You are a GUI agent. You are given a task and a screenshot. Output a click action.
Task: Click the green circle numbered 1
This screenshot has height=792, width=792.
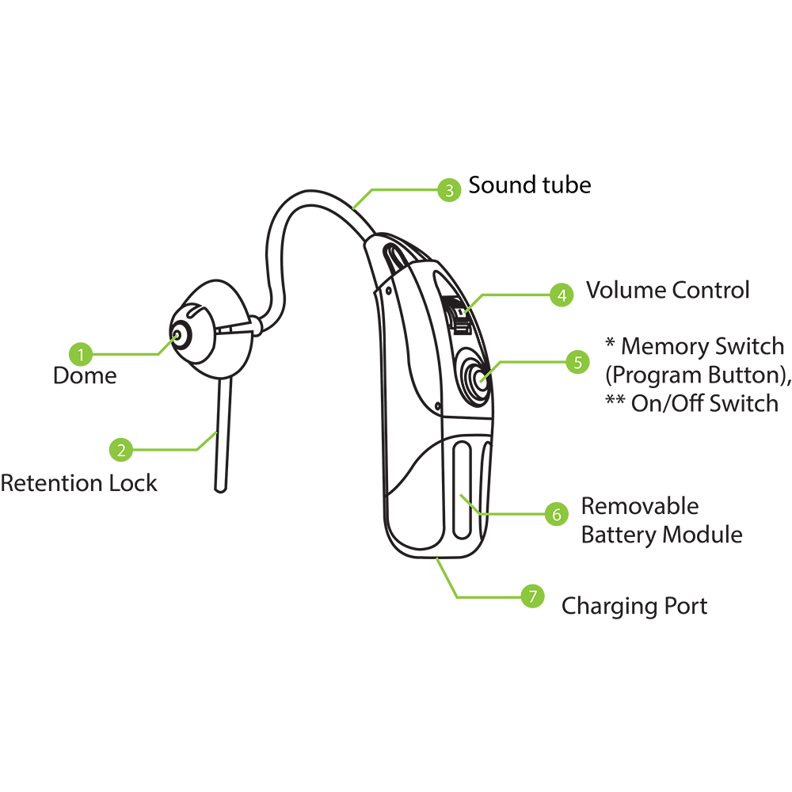pos(81,354)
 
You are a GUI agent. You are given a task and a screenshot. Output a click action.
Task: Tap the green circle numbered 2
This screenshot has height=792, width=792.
pos(121,450)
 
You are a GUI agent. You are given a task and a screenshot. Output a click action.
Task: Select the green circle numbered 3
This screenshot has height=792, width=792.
pos(449,190)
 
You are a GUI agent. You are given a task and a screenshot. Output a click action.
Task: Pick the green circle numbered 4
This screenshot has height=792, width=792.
pos(562,295)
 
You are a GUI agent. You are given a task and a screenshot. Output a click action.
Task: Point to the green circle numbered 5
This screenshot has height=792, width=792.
pos(578,362)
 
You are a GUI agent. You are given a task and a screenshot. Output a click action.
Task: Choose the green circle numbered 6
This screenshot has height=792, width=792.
pos(557,514)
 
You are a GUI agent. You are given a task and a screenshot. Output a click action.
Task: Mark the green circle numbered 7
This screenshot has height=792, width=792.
pos(532,596)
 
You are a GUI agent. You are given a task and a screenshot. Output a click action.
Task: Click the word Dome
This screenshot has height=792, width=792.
pos(85,375)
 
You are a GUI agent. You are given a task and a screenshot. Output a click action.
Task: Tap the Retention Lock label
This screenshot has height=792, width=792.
pos(78,483)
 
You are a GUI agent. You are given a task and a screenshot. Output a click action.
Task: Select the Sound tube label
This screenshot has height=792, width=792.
pos(530,185)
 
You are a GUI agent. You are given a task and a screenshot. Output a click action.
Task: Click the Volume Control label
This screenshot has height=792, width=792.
pos(668,290)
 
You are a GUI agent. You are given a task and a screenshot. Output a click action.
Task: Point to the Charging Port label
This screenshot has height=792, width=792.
pos(634,606)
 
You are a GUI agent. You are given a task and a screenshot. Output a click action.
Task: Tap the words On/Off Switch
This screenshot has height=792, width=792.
pos(705,404)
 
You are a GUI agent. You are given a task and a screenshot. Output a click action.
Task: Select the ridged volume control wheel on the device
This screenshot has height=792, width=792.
pos(459,316)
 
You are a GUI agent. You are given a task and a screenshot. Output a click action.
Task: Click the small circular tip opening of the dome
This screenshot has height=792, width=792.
pos(177,335)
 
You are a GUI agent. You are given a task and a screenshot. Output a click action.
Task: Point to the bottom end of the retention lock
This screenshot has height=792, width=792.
pos(220,489)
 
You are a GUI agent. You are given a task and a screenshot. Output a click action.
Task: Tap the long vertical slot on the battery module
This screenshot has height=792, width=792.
pos(463,489)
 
